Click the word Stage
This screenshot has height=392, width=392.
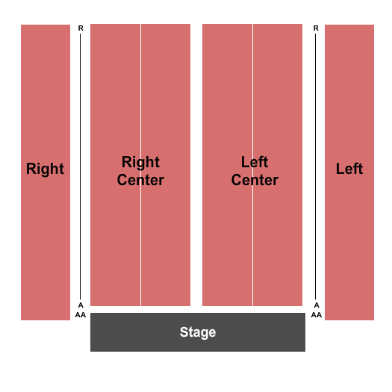click(x=198, y=332)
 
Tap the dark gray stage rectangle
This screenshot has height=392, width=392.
click(x=198, y=332)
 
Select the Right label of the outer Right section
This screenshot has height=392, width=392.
click(x=45, y=169)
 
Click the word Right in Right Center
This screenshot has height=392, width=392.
click(x=140, y=162)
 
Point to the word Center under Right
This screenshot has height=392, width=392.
click(x=140, y=180)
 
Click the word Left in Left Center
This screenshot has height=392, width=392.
click(x=255, y=162)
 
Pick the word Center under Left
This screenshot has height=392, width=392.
click(x=255, y=180)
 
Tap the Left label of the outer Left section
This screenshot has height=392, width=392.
click(x=349, y=169)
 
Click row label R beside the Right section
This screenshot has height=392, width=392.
click(x=81, y=28)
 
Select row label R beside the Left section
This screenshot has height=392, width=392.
click(x=316, y=28)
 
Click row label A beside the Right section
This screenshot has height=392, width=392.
click(x=81, y=305)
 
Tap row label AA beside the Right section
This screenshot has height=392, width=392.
click(x=81, y=315)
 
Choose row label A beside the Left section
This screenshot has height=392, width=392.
click(x=317, y=305)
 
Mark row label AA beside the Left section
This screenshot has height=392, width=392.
click(x=317, y=315)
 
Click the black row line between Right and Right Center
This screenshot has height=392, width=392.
click(x=80, y=167)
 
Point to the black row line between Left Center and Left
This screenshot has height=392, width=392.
click(x=316, y=167)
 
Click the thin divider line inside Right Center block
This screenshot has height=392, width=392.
click(x=141, y=165)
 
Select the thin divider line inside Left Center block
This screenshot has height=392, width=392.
click(x=253, y=165)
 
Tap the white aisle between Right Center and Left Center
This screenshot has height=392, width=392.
click(x=196, y=165)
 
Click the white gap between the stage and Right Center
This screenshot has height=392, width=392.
click(x=140, y=310)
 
